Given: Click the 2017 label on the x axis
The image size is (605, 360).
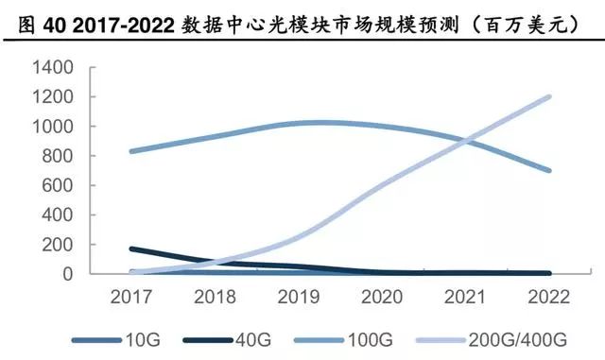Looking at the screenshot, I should point(131,297).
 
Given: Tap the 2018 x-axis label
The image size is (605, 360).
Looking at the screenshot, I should point(215,297).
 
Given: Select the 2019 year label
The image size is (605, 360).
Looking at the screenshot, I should point(299,297).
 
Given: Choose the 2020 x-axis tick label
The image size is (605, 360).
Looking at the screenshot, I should point(382,297).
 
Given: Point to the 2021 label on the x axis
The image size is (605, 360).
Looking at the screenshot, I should point(466,297).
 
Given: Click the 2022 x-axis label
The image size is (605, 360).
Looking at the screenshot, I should point(549,297).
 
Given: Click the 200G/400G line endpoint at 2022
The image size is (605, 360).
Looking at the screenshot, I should point(549,96).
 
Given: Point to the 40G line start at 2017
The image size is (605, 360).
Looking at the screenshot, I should point(131,249).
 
